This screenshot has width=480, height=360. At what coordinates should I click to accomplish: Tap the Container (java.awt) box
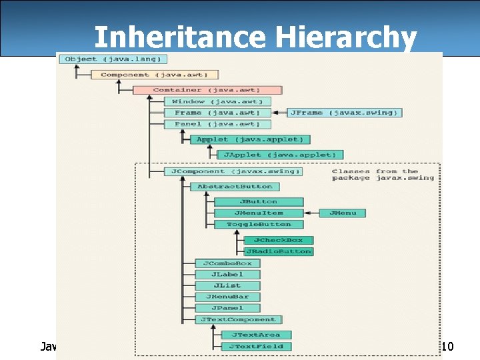coord(207,90)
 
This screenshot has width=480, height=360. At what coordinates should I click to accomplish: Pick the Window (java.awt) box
coord(218,101)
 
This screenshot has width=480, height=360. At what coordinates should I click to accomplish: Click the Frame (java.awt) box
coord(218,113)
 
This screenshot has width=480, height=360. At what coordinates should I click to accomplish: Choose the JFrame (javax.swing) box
coord(344,113)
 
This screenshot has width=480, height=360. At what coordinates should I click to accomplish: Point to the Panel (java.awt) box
coord(218,124)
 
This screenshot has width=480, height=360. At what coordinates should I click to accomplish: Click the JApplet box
coord(280,155)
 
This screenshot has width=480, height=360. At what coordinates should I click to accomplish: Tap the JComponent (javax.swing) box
coord(233,171)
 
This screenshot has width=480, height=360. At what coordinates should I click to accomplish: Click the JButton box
coord(259,201)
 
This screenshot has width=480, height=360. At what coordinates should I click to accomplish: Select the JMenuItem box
coord(259,213)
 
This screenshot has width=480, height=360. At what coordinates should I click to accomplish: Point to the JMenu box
coord(343,213)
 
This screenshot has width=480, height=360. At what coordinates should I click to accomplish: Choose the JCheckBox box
coord(278,240)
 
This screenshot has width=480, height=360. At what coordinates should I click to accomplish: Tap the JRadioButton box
coord(278,251)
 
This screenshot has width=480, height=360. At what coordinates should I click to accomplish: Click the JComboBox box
coord(227,263)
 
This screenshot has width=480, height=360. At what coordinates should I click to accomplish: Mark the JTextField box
coord(256,346)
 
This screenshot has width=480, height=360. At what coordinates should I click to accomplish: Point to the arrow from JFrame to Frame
coord(280,113)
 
